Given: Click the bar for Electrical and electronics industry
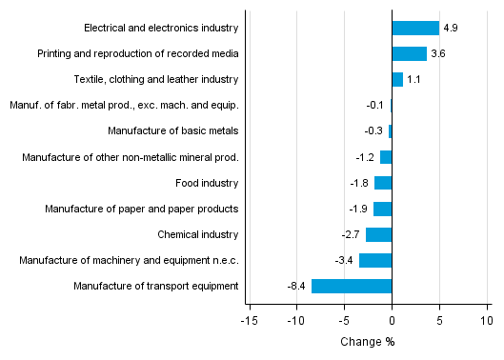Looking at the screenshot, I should (x=415, y=28).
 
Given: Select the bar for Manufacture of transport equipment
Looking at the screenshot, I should (x=352, y=286).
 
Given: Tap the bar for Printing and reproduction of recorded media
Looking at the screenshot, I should (x=409, y=53).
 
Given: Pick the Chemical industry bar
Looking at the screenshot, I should (x=378, y=234).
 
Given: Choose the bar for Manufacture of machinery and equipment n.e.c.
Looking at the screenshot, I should (x=375, y=260).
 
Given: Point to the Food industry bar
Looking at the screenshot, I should (x=383, y=183).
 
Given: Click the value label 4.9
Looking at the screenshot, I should (x=451, y=28).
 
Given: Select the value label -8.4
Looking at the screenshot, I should (x=296, y=286).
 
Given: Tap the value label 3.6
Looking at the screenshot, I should (x=438, y=53).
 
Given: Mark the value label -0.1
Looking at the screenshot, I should (x=374, y=106).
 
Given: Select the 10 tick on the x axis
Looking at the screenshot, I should (x=487, y=321).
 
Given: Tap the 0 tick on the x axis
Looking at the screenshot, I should (x=392, y=321).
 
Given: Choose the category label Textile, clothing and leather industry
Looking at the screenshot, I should (x=156, y=79).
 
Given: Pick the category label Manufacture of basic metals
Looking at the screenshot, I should (x=173, y=130).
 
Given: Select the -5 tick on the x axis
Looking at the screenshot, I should (x=343, y=321).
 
